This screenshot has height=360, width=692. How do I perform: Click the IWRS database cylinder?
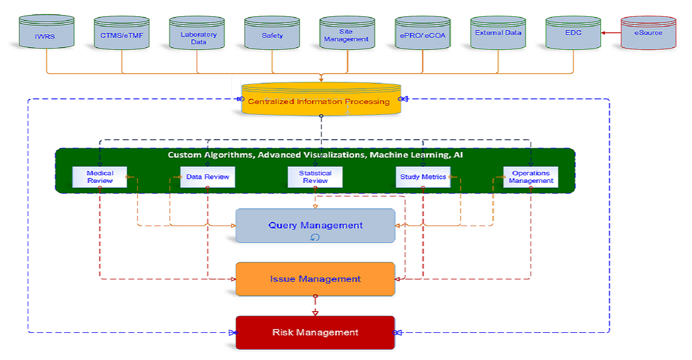click(x=47, y=34)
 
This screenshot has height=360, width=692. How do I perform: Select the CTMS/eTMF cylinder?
click(x=122, y=34)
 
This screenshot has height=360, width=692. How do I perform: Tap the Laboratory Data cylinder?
click(x=198, y=36)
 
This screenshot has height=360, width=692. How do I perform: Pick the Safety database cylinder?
click(x=272, y=35)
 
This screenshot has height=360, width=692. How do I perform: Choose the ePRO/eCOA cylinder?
click(x=422, y=35)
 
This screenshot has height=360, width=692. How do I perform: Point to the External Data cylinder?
click(x=498, y=33)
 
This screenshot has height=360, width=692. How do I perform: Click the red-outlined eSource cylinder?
click(x=648, y=33)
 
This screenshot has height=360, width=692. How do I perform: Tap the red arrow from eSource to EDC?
click(x=610, y=33)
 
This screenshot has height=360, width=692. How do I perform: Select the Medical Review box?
click(x=100, y=177)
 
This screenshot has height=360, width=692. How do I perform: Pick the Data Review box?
click(x=208, y=177)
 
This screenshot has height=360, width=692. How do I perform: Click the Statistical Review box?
click(x=315, y=177)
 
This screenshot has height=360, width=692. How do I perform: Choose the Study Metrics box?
click(x=423, y=177)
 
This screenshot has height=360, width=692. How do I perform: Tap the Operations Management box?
click(x=531, y=177)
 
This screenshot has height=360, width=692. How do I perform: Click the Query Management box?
click(x=315, y=226)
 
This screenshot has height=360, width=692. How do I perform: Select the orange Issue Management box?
click(x=315, y=279)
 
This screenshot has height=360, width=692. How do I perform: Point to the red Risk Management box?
click(x=315, y=332)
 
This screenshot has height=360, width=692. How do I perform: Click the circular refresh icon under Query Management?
click(x=315, y=237)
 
